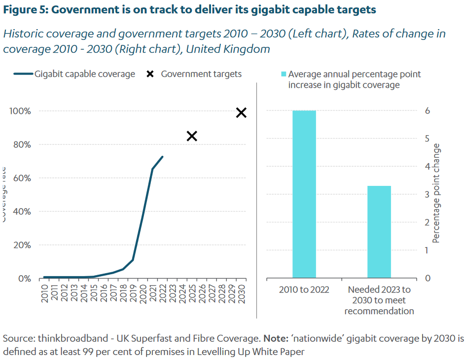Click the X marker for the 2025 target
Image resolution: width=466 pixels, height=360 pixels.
pos(192,136)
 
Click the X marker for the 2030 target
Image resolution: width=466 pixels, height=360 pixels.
pos(241,113)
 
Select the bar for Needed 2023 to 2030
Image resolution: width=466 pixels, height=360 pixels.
pos(379,232)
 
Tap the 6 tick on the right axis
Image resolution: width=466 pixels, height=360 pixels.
pos(428,111)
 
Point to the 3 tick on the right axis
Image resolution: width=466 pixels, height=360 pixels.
pos(428,194)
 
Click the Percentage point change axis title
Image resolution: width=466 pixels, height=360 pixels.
pos(436,193)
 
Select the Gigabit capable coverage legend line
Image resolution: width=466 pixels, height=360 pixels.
pos(23,74)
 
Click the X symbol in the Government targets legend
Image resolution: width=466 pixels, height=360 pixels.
pos(150,74)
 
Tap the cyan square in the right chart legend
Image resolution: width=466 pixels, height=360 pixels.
pos(283,74)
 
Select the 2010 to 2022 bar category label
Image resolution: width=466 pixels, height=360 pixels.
pos(304,289)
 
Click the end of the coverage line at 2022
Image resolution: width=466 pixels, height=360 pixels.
pos(162,157)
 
